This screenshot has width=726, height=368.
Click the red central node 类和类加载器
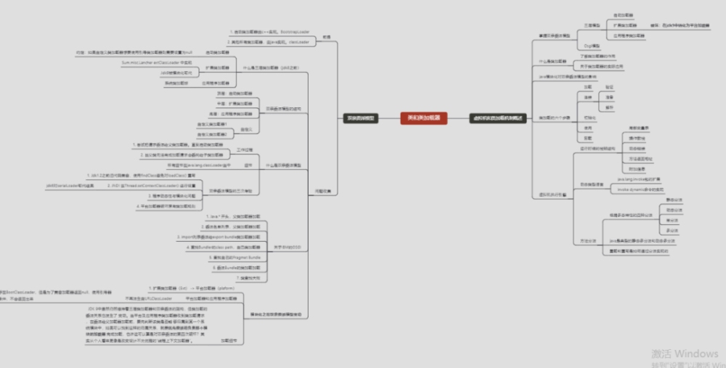[x=423, y=117]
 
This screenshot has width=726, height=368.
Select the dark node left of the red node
[x=361, y=117]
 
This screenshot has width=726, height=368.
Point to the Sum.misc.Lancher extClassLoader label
[x=153, y=63]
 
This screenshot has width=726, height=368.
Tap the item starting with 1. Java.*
[x=232, y=216]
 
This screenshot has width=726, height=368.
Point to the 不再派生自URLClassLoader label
[x=148, y=298]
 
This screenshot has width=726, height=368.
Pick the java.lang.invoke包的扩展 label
[x=640, y=179]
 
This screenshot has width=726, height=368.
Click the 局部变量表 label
[x=638, y=128]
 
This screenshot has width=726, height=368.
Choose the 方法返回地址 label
[x=640, y=158]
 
